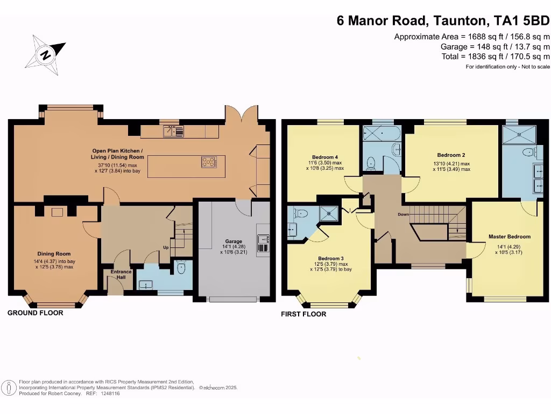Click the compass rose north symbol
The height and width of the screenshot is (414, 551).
[x=45, y=55]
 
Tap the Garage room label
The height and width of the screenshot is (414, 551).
[x=234, y=241]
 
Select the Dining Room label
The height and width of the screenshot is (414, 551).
[x=54, y=254]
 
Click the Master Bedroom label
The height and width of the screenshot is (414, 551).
[x=510, y=237]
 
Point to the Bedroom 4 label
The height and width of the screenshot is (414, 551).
[x=325, y=157]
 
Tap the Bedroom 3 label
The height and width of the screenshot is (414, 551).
[x=331, y=258]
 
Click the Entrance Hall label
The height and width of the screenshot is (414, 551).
[x=121, y=274]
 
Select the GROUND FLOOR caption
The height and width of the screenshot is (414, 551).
[x=35, y=313]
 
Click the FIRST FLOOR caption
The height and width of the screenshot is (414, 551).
[x=303, y=314]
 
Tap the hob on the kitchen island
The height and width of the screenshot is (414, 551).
[x=209, y=162]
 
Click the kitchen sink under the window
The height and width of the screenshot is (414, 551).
[x=173, y=132]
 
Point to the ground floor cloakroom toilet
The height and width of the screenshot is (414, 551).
[x=181, y=267]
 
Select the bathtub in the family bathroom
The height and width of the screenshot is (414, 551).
[x=382, y=134]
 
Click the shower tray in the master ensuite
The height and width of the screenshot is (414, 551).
[x=519, y=134]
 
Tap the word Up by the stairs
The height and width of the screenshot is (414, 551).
[x=166, y=247]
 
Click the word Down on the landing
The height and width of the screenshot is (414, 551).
[x=404, y=215]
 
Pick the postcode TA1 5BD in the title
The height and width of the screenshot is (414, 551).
[x=522, y=20]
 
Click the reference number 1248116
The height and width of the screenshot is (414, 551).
[x=110, y=394]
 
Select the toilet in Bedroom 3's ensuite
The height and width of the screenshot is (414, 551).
[x=302, y=213]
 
